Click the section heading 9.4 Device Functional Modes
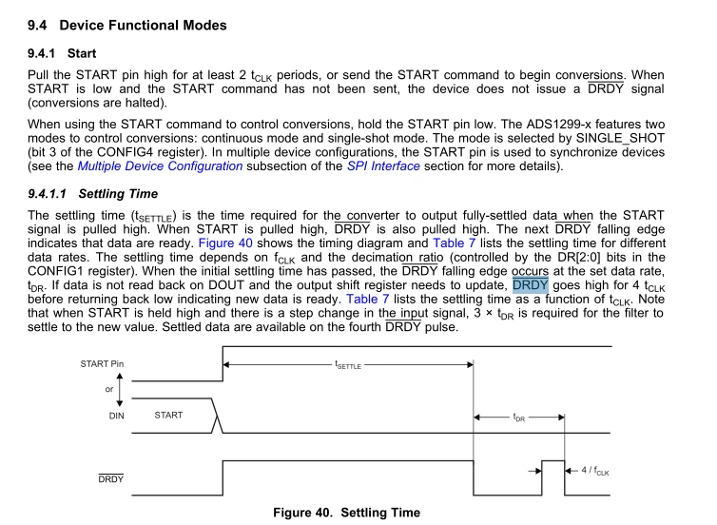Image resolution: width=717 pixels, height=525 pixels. pyautogui.click(x=127, y=25)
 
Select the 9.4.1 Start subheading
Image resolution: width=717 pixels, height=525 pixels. pyautogui.click(x=62, y=53)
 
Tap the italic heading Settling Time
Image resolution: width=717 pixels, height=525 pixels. pyautogui.click(x=118, y=194)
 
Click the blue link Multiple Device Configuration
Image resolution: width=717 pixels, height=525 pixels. pyautogui.click(x=160, y=166)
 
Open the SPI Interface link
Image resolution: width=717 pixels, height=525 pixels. pyautogui.click(x=383, y=166)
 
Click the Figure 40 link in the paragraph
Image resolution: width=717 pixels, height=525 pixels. pyautogui.click(x=225, y=243)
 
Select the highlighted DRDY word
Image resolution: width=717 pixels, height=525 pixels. pyautogui.click(x=531, y=285)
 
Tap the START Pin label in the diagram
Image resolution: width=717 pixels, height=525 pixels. pyautogui.click(x=102, y=364)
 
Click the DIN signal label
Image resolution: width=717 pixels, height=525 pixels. pyautogui.click(x=116, y=416)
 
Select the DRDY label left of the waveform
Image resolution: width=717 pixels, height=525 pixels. pyautogui.click(x=110, y=478)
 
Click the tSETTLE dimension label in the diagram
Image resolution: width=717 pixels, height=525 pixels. pyautogui.click(x=348, y=365)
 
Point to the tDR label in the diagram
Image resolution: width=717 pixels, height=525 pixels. pyautogui.click(x=519, y=418)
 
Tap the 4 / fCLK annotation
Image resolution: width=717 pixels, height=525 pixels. pyautogui.click(x=595, y=471)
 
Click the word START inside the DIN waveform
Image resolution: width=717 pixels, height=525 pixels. pyautogui.click(x=168, y=416)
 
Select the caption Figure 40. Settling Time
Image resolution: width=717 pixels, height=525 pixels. pyautogui.click(x=346, y=513)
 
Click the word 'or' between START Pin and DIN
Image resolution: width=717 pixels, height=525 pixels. pyautogui.click(x=108, y=390)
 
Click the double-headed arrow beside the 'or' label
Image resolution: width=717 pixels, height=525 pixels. pyautogui.click(x=120, y=390)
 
